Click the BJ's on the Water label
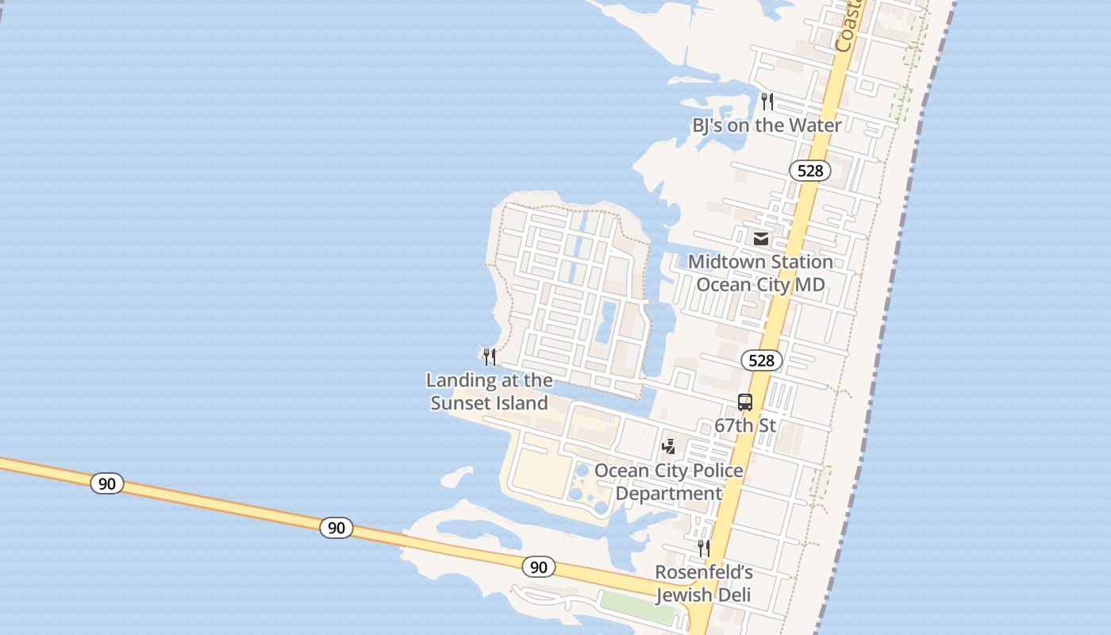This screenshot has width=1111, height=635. point(767,125)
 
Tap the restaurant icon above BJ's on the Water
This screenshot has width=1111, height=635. point(767,102)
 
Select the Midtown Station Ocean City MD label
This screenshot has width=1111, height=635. point(760,273)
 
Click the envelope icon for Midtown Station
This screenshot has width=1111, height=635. point(761,238)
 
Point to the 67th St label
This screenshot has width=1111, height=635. point(745,425)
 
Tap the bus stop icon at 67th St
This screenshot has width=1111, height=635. point(745,402)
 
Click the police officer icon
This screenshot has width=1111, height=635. point(669,447)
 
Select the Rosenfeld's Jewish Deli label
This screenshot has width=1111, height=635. point(703,583)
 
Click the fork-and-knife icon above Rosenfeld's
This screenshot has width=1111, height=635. point(703,548)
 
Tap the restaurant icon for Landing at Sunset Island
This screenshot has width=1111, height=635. point(490,357)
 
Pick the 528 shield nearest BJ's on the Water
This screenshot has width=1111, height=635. point(810,171)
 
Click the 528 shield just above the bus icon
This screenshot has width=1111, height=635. point(762,360)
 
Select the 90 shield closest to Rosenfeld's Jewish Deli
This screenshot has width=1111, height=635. point(539,567)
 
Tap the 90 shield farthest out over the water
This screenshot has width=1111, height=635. point(107,483)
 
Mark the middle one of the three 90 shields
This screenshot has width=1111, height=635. point(336,528)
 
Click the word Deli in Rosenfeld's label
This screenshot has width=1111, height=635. point(732,595)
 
